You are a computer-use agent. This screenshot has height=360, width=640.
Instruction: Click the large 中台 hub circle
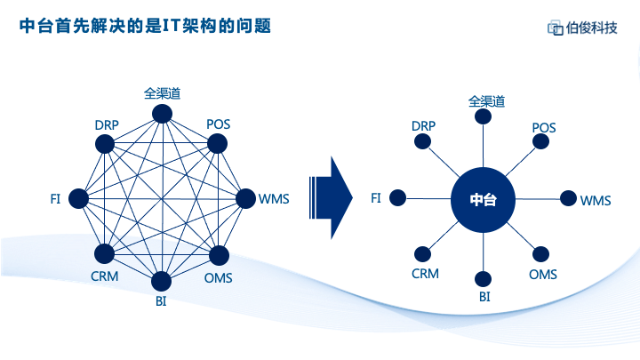coord(483,200)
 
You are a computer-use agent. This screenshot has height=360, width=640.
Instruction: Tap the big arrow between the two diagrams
coord(331,198)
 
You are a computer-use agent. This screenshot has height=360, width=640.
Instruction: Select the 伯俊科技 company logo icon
coord(555,28)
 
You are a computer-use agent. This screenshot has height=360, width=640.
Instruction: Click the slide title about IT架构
coord(145,26)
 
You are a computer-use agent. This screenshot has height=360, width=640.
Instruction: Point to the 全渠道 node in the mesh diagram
coord(162,114)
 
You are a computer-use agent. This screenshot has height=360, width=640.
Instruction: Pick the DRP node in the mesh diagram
coord(105,144)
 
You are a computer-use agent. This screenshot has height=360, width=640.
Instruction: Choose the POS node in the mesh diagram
coord(217,144)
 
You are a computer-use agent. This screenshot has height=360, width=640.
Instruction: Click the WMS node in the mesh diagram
coord(245,199)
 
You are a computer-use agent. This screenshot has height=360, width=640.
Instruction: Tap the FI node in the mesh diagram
coord(78,199)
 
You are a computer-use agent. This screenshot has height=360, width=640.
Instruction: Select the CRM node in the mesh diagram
coord(105,254)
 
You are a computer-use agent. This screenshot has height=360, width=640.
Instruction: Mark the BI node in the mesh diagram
coord(161,281)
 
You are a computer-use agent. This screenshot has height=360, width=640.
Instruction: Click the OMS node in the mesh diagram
coord(219,255)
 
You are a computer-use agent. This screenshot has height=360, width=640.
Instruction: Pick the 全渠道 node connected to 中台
coord(483,116)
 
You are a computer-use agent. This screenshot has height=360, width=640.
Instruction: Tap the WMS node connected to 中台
coord(568,199)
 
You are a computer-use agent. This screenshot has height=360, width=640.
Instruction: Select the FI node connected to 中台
coord(397,198)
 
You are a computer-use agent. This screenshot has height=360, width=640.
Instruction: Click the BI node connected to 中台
coord(483,279)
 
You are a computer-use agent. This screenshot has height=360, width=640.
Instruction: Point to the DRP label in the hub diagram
coord(423,125)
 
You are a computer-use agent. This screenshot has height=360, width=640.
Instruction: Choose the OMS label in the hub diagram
coord(543,275)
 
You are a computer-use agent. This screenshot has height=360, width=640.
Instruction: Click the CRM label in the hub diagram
coord(425,274)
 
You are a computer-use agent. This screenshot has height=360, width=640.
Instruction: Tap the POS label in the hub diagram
coord(544,127)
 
